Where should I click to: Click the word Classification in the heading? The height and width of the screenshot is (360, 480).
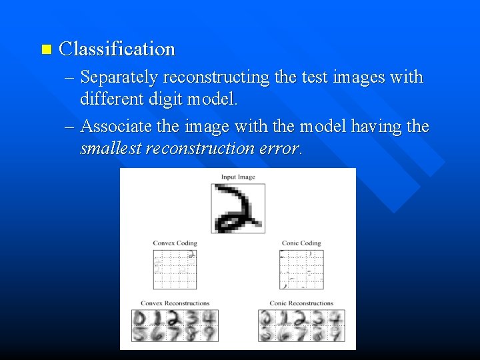(117, 49)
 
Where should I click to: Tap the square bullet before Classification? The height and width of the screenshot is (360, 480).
(46, 49)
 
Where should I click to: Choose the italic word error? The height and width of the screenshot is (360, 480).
(279, 148)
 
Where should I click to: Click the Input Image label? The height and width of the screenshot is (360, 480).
(238, 177)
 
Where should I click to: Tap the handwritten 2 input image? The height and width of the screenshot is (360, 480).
(238, 208)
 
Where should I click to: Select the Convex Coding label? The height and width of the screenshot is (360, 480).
(175, 243)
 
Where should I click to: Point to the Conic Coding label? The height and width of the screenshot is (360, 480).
(301, 243)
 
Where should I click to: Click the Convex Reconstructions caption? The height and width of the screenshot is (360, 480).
(175, 303)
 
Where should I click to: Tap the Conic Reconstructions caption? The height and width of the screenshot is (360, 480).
(301, 303)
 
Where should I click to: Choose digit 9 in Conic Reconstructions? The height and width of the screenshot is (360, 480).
(337, 333)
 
